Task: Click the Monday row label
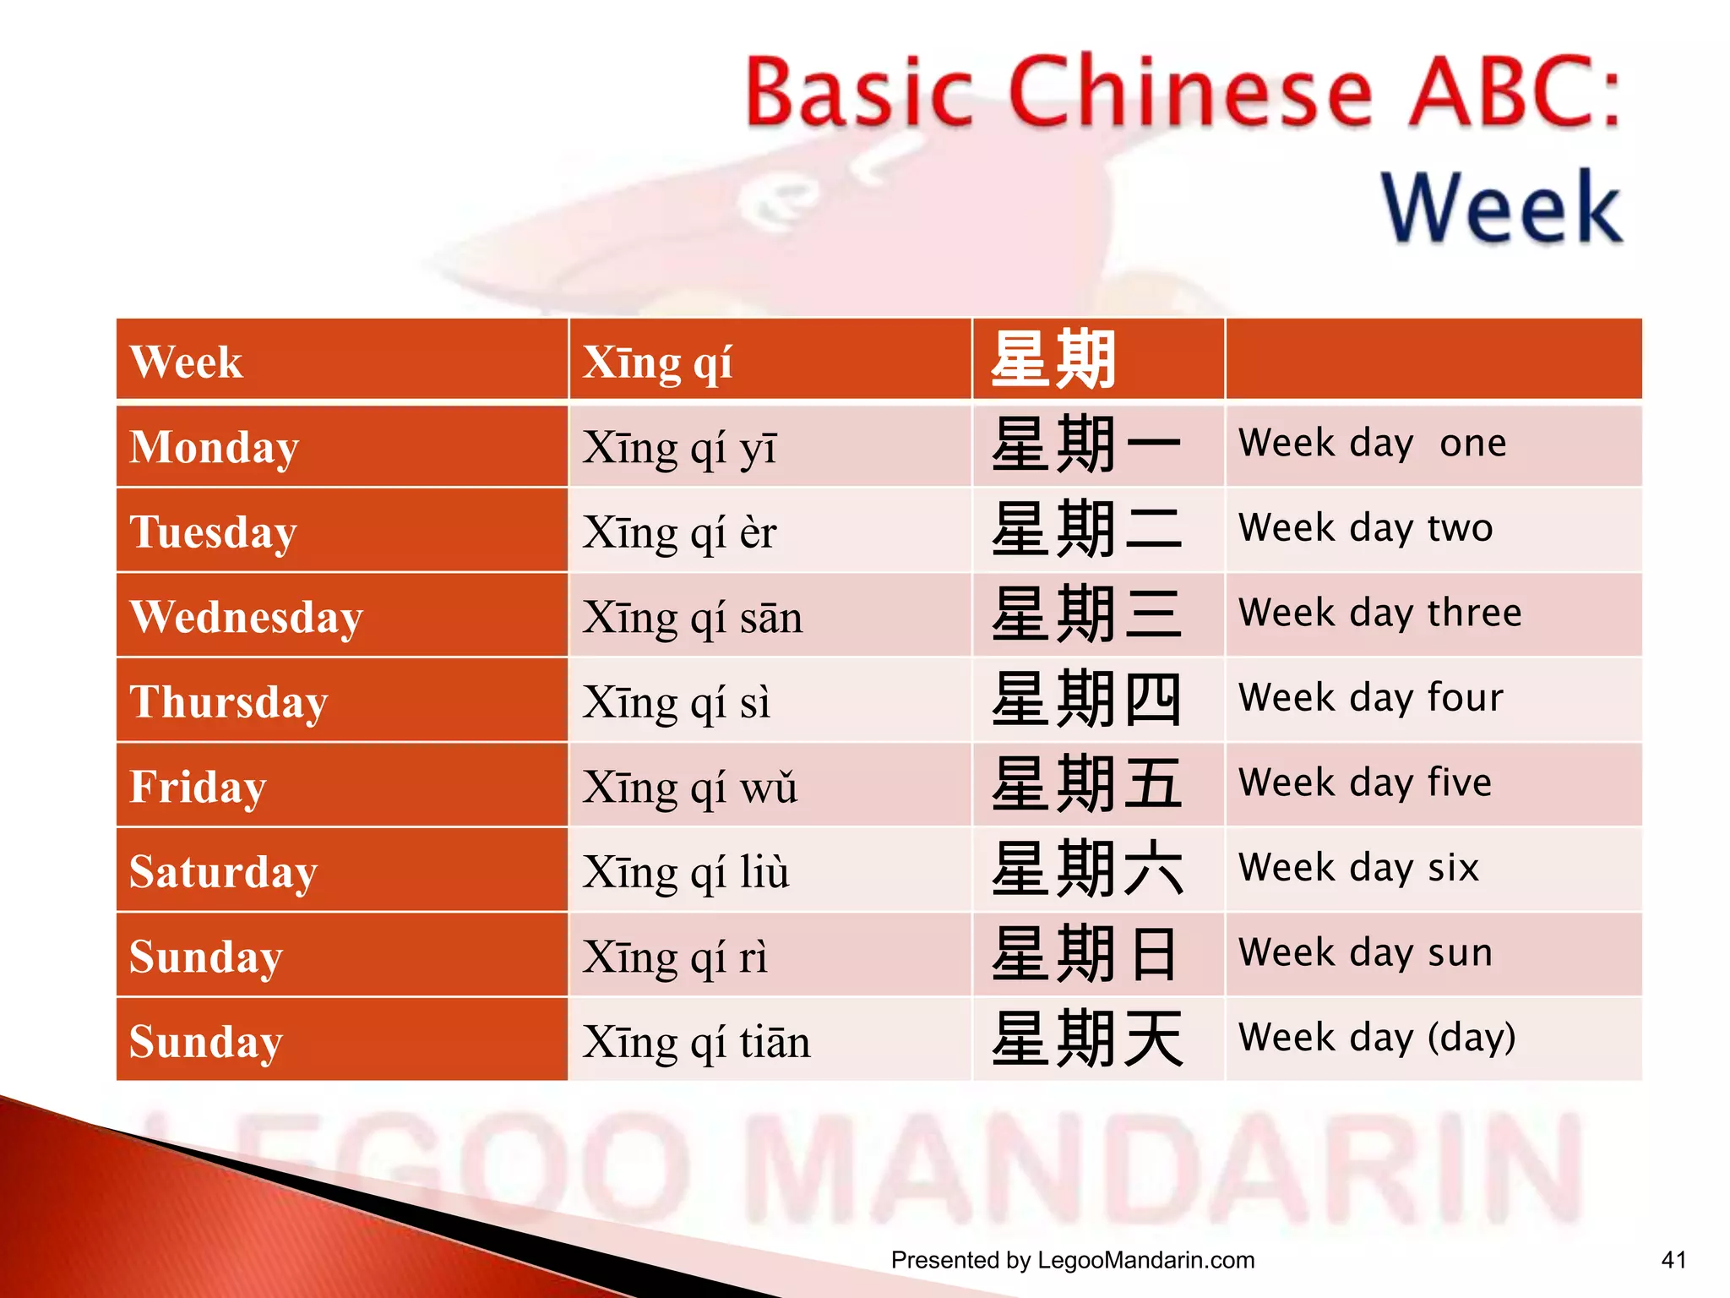pos(214,447)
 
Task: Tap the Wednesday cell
pos(246,616)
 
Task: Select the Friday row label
pos(198,786)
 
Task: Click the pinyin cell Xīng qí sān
pos(692,617)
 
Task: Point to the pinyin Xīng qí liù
pos(685,871)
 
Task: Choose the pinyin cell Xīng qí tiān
pos(696,1041)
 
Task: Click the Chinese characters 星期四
pos(1086,700)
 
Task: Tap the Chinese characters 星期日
pos(1086,954)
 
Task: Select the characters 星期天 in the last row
pos(1086,1039)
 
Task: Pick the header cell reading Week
pos(186,363)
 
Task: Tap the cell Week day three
pos(1379,613)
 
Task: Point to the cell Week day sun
pos(1365,952)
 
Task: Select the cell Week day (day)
pos(1377,1037)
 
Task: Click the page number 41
pos(1673,1260)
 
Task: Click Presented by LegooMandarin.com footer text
pos(1073,1260)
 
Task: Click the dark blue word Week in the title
pos(1501,207)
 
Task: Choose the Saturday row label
pos(223,871)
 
